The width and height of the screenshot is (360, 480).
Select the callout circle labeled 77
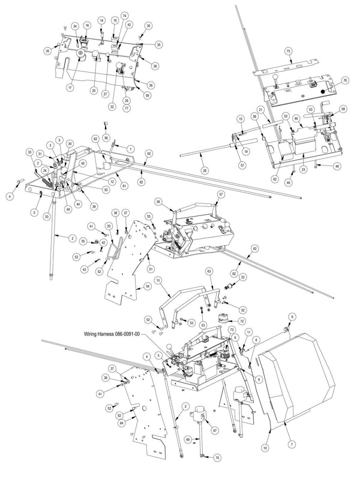(127, 109)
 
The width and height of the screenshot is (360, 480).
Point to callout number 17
(70, 88)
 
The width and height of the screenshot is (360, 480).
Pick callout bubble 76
(345, 80)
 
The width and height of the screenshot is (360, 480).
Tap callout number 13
(158, 280)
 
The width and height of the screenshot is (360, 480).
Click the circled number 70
(217, 458)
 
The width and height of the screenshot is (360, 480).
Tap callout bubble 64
(123, 422)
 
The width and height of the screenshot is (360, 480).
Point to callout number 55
(83, 241)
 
